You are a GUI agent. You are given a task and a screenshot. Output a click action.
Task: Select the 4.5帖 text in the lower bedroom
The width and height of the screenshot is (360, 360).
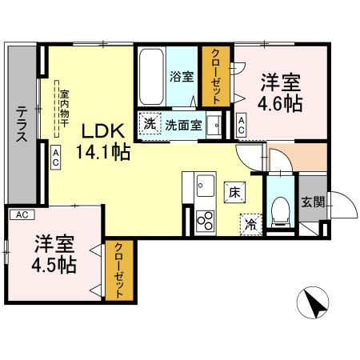pyautogui.click(x=54, y=266)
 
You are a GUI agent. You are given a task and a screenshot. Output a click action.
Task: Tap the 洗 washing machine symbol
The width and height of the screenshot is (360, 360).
pyautogui.click(x=150, y=124)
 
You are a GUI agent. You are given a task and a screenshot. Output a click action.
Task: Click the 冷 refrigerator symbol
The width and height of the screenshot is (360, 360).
pyautogui.click(x=251, y=224)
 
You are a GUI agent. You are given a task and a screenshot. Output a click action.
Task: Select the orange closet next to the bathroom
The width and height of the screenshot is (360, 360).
pyautogui.click(x=215, y=78)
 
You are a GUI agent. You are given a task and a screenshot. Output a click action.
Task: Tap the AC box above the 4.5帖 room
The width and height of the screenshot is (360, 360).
pyautogui.click(x=22, y=214)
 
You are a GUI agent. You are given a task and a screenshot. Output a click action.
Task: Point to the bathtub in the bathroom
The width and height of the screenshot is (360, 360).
pyautogui.click(x=152, y=78)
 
